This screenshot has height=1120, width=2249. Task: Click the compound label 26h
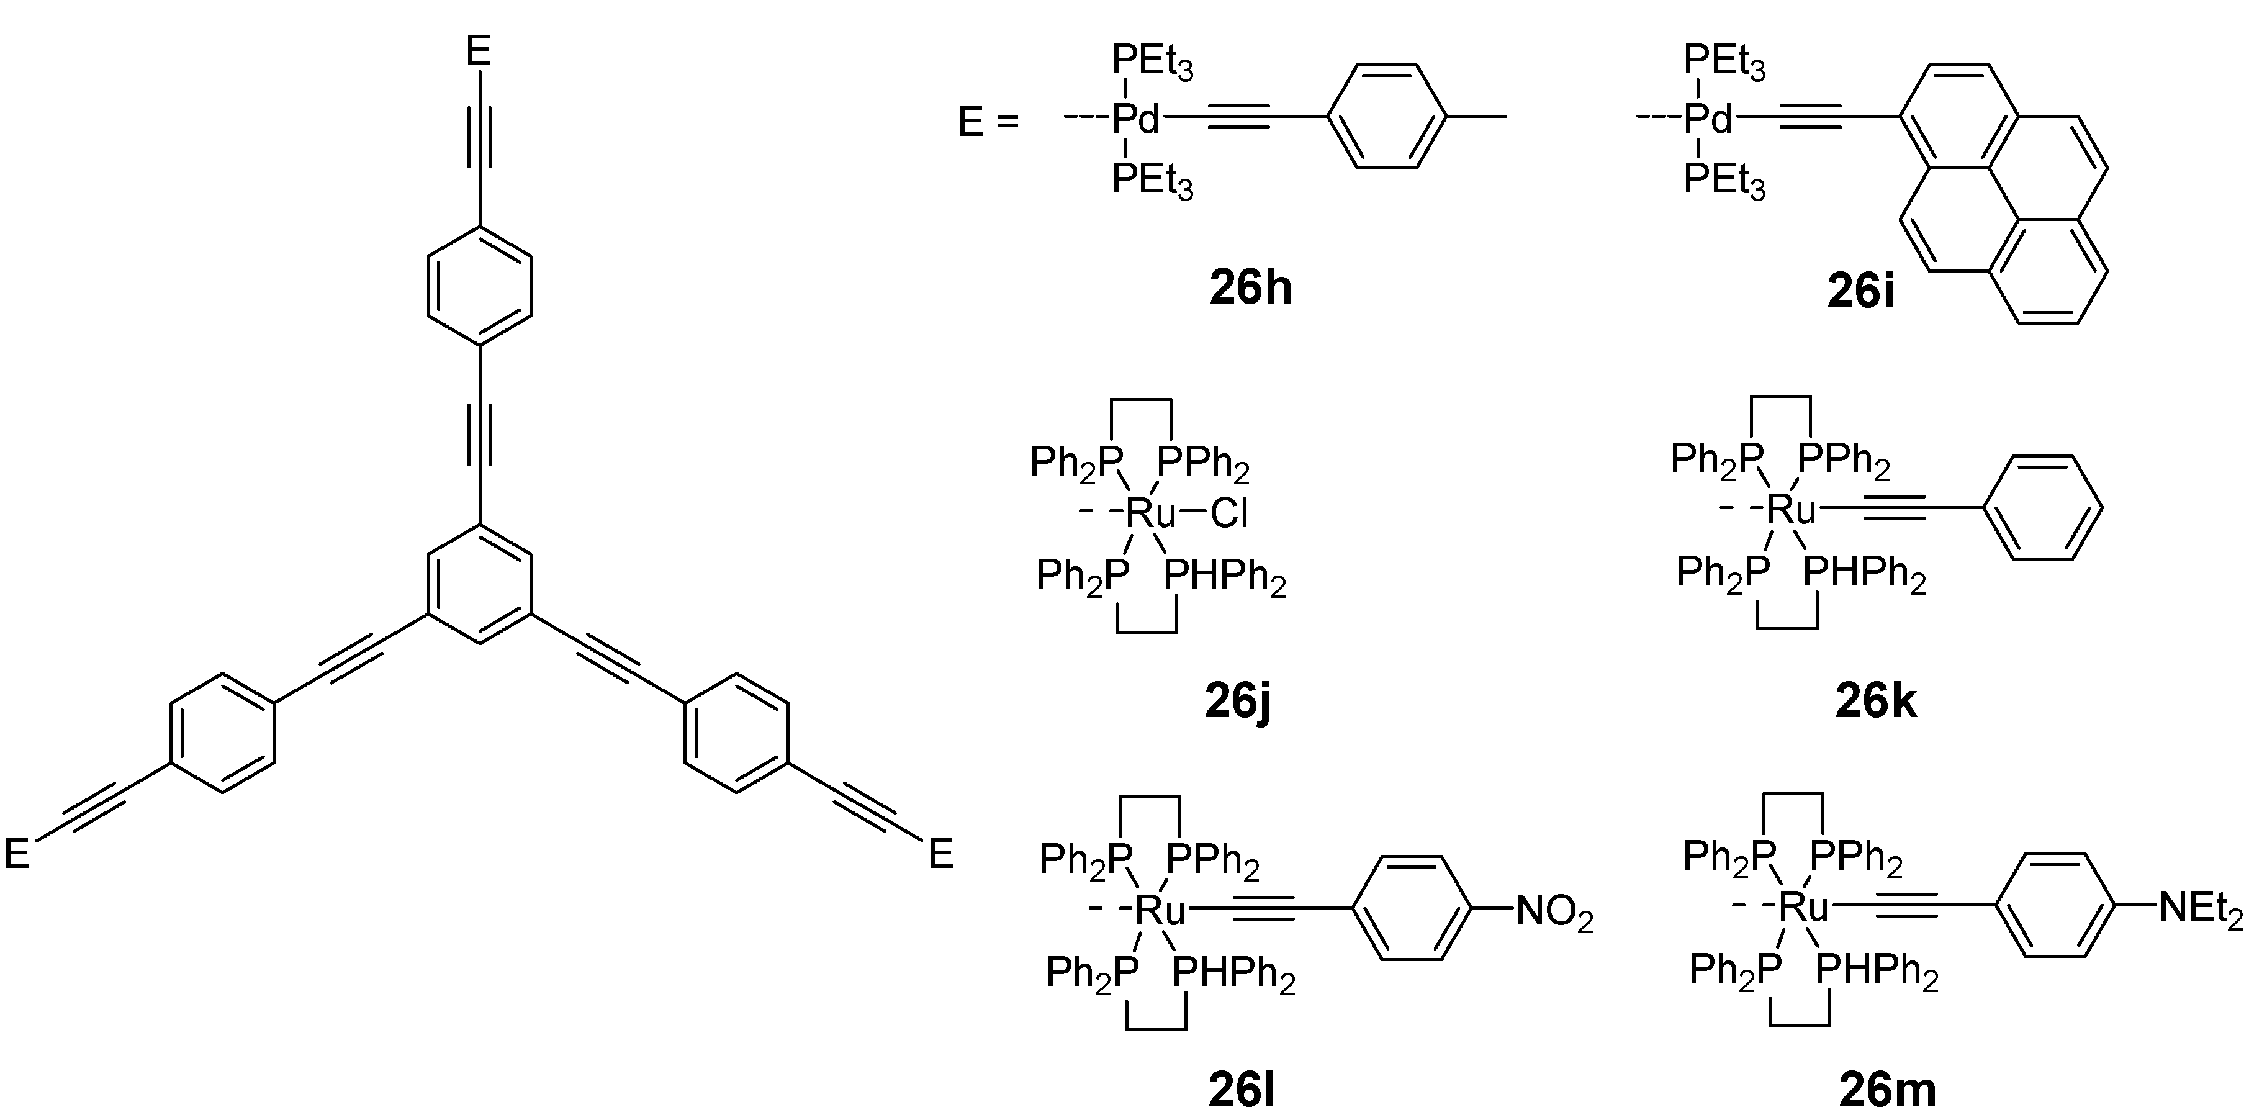pyautogui.click(x=1250, y=288)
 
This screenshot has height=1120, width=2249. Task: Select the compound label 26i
pyautogui.click(x=1860, y=293)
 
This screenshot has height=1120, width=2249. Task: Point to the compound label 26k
pyautogui.click(x=1875, y=701)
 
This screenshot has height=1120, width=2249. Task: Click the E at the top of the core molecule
pyautogui.click(x=479, y=51)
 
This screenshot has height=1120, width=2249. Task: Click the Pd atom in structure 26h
pyautogui.click(x=1136, y=120)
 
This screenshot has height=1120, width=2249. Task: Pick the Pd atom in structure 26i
pyautogui.click(x=1708, y=120)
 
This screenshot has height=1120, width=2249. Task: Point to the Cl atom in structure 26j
pyautogui.click(x=1228, y=513)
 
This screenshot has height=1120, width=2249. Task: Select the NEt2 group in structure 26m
pyautogui.click(x=2200, y=909)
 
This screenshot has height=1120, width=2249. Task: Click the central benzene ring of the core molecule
pyautogui.click(x=479, y=584)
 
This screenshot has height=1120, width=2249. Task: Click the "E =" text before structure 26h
pyautogui.click(x=988, y=123)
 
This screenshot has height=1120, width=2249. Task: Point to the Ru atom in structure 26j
pyautogui.click(x=1152, y=513)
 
